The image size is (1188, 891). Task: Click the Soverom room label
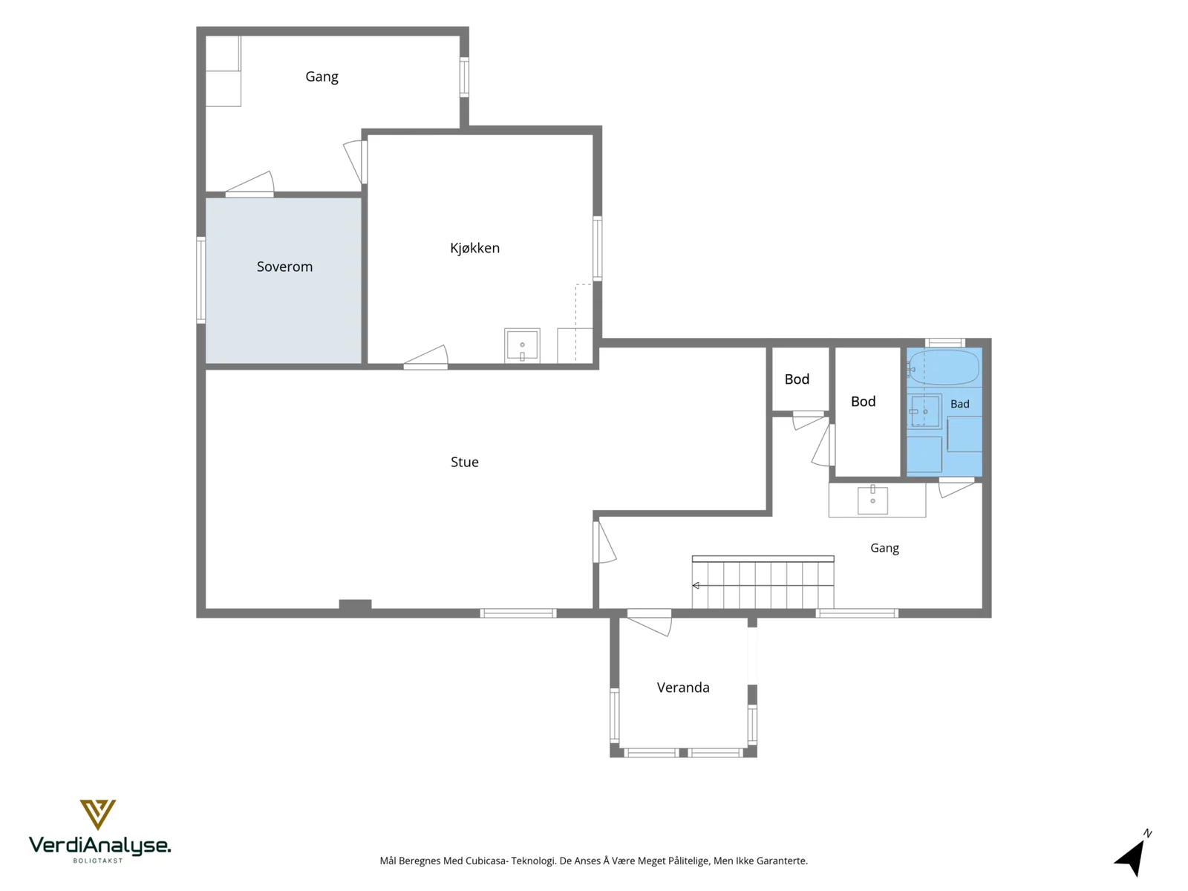click(284, 267)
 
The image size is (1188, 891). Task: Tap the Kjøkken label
click(474, 248)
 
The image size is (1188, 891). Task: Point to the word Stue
click(464, 462)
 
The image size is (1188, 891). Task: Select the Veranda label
click(683, 688)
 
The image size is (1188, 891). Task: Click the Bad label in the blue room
click(959, 404)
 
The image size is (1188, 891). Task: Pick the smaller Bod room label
click(797, 379)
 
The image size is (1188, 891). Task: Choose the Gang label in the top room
click(322, 76)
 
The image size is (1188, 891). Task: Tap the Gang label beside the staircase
click(884, 548)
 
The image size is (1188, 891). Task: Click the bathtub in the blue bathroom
click(944, 368)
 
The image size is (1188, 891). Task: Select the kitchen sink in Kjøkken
click(522, 345)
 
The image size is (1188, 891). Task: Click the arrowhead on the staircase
click(696, 585)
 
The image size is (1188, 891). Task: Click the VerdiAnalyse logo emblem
click(98, 815)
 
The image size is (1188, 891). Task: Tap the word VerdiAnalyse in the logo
click(99, 846)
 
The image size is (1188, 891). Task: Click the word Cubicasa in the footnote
click(486, 861)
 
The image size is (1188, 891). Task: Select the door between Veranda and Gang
click(650, 623)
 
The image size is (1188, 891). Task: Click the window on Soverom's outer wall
click(200, 280)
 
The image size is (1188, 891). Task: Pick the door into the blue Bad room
click(957, 486)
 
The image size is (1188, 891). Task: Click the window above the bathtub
click(944, 342)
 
